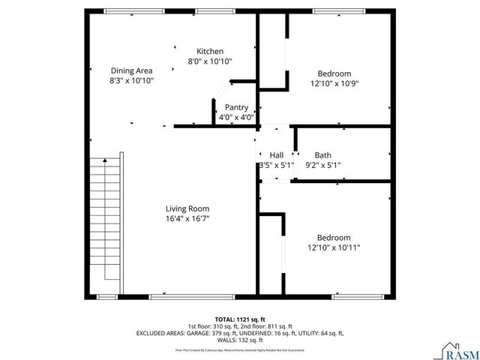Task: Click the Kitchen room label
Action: [x=210, y=51]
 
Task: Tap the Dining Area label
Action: [x=131, y=70]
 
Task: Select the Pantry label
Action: [x=236, y=107]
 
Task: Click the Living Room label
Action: [x=187, y=208]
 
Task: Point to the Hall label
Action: [x=275, y=155]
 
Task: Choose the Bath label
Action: [x=322, y=155]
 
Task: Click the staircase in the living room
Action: [x=105, y=225]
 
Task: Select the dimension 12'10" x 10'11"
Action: [x=334, y=247]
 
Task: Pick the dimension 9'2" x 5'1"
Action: [x=323, y=165]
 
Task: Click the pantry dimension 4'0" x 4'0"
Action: [x=236, y=117]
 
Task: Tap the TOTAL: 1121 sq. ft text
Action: [x=240, y=319]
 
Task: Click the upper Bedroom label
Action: [x=334, y=73]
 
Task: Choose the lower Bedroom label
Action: [x=334, y=238]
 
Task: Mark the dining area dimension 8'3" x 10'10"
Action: [x=131, y=80]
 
